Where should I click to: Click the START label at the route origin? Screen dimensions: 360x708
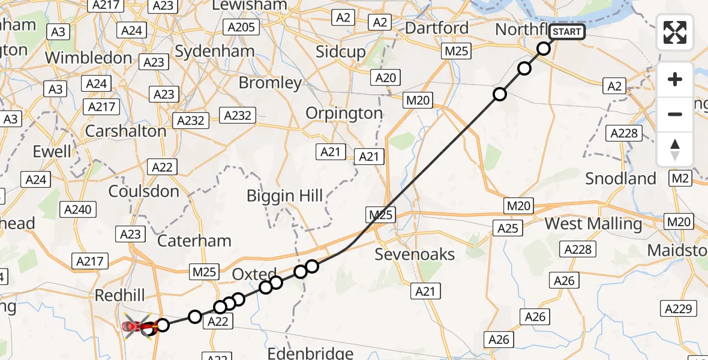click(566, 31)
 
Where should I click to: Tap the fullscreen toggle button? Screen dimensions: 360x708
click(675, 32)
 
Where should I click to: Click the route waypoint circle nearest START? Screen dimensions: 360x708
click(544, 49)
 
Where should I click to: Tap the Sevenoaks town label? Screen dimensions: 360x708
click(415, 254)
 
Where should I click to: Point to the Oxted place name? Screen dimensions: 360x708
click(254, 274)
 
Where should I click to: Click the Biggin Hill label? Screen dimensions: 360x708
click(285, 195)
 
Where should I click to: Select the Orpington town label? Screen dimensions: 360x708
click(344, 113)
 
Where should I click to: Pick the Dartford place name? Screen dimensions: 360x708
click(436, 28)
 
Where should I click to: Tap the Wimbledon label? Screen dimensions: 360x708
click(88, 58)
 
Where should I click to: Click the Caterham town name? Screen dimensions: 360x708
click(194, 241)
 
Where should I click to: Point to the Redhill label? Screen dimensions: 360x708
click(120, 295)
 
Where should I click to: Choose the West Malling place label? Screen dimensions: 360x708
click(593, 224)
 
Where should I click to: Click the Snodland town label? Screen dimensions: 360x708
click(620, 178)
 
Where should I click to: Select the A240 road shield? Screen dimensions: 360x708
click(77, 209)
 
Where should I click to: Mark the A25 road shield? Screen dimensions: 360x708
click(508, 227)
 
